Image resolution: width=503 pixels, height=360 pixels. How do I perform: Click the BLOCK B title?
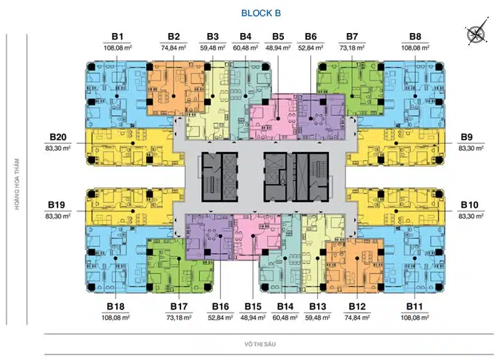[x=261, y=13]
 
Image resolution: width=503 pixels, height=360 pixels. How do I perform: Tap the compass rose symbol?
[x=477, y=31]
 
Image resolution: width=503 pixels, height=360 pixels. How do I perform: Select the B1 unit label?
[x=118, y=37]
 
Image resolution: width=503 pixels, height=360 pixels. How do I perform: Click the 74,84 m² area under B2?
[x=174, y=48]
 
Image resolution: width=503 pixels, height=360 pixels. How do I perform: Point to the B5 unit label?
[x=278, y=37]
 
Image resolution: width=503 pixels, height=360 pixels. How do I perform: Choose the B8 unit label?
[x=415, y=37]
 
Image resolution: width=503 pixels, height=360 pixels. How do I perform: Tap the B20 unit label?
[x=58, y=137]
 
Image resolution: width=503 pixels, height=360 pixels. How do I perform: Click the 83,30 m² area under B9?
[x=471, y=148]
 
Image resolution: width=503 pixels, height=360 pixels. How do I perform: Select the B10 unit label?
[x=469, y=205]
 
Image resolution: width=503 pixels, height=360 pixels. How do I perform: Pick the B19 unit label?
[x=57, y=205]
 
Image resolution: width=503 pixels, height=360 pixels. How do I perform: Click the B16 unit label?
[x=220, y=306]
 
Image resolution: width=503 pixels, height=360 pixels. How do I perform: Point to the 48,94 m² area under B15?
[x=253, y=318]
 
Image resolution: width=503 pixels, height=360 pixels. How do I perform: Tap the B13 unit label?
[x=317, y=306]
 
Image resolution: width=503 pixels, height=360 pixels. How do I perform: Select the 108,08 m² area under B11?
[x=415, y=318]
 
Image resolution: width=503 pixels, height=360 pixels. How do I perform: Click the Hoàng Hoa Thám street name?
[x=17, y=184]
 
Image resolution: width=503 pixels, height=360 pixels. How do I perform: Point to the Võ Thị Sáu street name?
[x=260, y=344]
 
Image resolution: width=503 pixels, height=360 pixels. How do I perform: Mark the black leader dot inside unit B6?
[x=311, y=119]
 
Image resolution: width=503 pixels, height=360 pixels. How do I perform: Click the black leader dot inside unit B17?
[x=179, y=258]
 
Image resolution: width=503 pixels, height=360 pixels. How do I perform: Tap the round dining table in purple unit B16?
[x=212, y=235]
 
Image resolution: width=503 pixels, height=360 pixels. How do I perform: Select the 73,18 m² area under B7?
[x=352, y=48]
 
